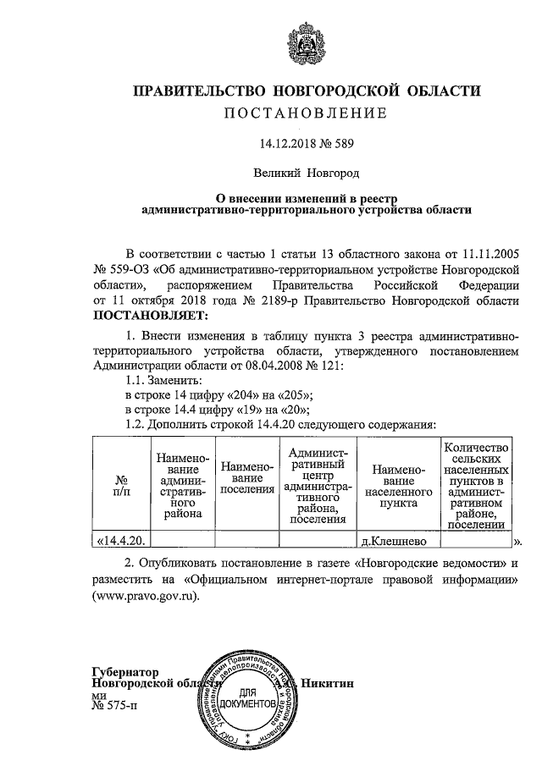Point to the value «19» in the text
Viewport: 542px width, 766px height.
244,409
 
